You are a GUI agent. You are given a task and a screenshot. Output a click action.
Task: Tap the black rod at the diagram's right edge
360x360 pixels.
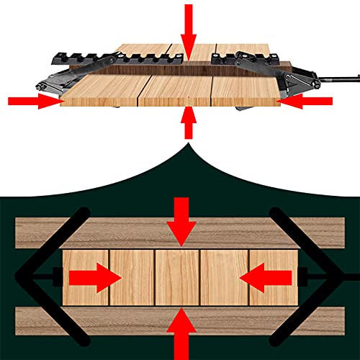351,276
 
